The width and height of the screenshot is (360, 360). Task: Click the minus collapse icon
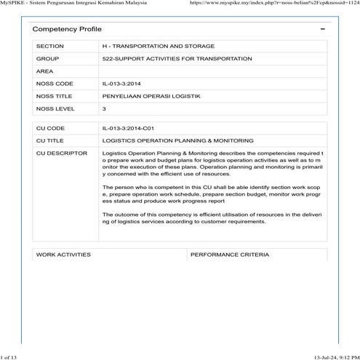coord(322,28)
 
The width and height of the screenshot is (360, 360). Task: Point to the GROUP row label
coord(47,58)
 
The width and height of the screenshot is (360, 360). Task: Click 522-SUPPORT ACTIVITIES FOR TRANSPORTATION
coord(167,58)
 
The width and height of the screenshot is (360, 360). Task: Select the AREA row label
coord(45,71)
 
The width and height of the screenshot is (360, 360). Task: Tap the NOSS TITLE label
coord(55,96)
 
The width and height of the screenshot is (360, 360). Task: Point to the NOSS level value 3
coord(105,109)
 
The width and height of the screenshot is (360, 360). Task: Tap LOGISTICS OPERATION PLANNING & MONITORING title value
coord(177,140)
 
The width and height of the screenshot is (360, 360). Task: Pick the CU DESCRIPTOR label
coord(61,153)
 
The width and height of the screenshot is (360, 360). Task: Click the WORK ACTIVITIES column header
coord(63,255)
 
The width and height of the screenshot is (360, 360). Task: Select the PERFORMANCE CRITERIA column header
coord(229,255)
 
